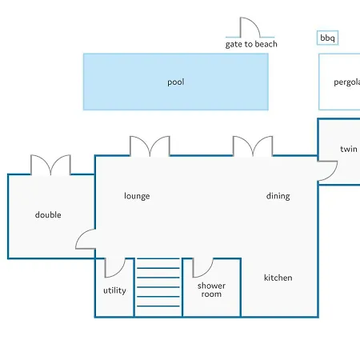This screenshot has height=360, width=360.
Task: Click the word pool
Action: pos(176,82)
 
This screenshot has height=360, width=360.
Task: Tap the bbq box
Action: pos(327,38)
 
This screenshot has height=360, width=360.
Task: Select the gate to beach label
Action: pos(251,44)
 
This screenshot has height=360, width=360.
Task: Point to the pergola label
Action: pos(347,82)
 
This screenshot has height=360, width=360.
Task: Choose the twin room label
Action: pos(349,149)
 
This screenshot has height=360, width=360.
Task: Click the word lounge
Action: pos(137,196)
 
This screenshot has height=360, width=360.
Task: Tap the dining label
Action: pos(278,196)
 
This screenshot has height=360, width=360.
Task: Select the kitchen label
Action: pos(278,278)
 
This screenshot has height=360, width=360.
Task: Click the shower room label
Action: pos(211,290)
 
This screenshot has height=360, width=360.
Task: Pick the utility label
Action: pos(114,290)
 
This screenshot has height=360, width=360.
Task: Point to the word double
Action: pos(48,214)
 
